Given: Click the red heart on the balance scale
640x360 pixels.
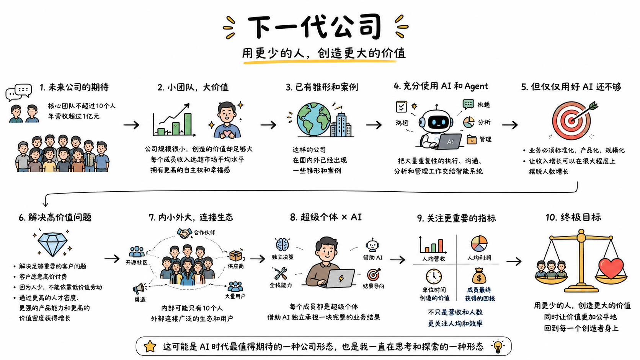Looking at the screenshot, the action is coord(611,268).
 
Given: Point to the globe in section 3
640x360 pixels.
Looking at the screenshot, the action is coord(314,120).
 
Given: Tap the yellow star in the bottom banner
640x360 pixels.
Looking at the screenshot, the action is coord(150,346).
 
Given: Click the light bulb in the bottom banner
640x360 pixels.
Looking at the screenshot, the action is coord(498,347).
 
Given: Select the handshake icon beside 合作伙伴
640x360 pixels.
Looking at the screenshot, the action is coord(184,233).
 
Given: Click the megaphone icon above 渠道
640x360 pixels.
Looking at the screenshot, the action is coord(140,288).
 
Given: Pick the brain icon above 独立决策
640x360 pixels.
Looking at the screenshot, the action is coord(282,245).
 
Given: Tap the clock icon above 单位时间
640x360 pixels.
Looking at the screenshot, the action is coord(434,276).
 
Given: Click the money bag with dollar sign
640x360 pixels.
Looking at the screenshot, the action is coord(479,276).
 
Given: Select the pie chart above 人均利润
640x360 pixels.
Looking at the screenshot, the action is coord(479,244).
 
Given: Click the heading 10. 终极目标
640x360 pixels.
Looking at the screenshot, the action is coord(573,218).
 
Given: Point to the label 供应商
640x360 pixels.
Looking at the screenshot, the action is coord(236,266).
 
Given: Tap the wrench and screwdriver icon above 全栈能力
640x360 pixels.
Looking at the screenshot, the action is coord(281,274).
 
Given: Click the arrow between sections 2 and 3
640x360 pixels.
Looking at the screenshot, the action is coord(268,125).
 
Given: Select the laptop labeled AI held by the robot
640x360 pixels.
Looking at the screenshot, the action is coord(449,142).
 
